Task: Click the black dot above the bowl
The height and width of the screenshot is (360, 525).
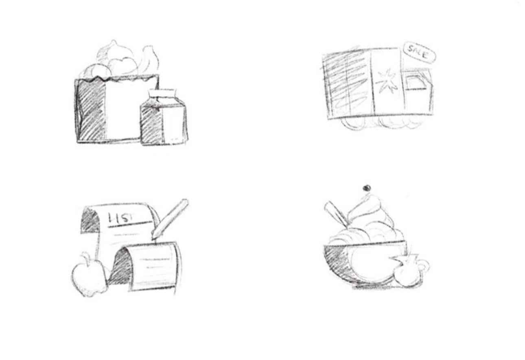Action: coord(367,188)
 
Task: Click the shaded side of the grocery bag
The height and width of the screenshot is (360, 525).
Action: coord(91,110)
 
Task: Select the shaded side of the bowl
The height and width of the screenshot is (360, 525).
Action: coord(337,262)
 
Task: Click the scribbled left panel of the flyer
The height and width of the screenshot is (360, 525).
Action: coord(347,84)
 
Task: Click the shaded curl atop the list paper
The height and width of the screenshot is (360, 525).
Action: coord(90,221)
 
